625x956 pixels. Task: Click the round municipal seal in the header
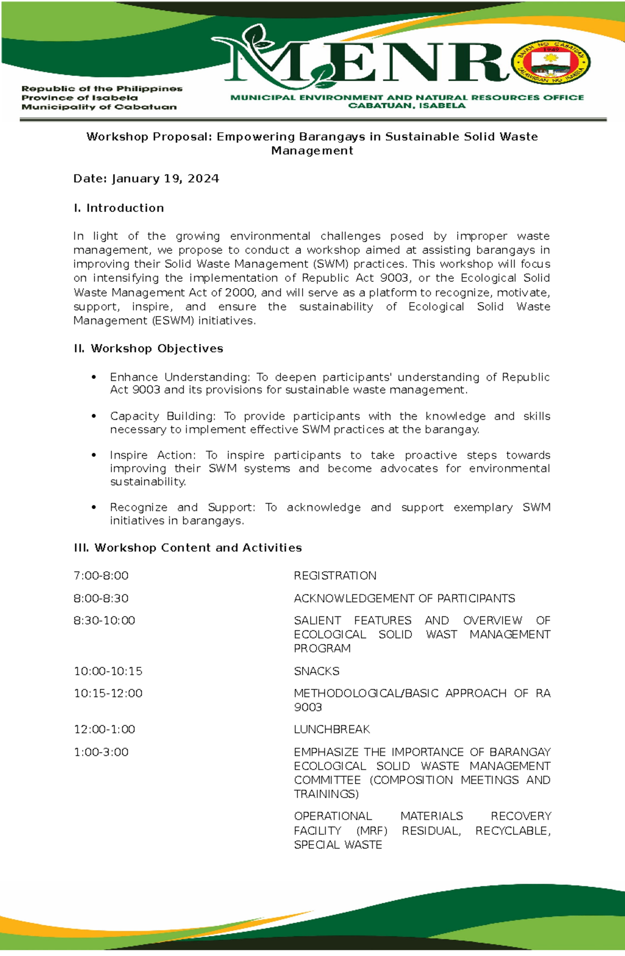pyautogui.click(x=551, y=62)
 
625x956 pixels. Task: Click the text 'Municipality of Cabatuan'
pyautogui.click(x=99, y=107)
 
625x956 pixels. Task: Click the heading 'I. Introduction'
pyautogui.click(x=119, y=208)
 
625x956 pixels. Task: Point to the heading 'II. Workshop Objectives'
pyautogui.click(x=148, y=349)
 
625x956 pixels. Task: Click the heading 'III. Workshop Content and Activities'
pyautogui.click(x=188, y=548)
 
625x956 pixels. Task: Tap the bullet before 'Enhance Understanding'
pyautogui.click(x=94, y=377)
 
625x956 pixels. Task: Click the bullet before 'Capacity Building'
pyautogui.click(x=94, y=416)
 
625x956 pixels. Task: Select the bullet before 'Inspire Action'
pyautogui.click(x=94, y=455)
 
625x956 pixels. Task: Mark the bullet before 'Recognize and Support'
pyautogui.click(x=94, y=507)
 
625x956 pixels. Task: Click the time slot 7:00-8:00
pyautogui.click(x=101, y=576)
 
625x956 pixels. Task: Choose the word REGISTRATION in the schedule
pyautogui.click(x=335, y=576)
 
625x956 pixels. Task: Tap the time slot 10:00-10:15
pyautogui.click(x=108, y=671)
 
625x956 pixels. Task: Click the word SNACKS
pyautogui.click(x=316, y=671)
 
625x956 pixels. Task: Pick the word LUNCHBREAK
pyautogui.click(x=332, y=729)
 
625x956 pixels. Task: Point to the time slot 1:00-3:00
pyautogui.click(x=101, y=752)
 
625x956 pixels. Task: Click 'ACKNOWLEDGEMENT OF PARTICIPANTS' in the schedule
pyautogui.click(x=404, y=598)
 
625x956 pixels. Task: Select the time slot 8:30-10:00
pyautogui.click(x=104, y=620)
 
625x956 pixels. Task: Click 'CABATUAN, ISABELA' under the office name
pyautogui.click(x=407, y=106)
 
